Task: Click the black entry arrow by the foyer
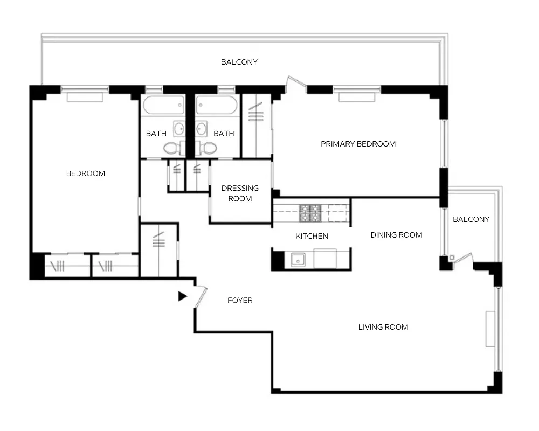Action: click(x=182, y=296)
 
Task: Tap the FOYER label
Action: click(x=240, y=300)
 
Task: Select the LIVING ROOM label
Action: click(x=383, y=327)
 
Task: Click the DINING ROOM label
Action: click(x=396, y=235)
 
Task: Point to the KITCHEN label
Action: click(x=312, y=236)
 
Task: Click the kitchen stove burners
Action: click(x=310, y=213)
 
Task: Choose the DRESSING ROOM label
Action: click(x=240, y=193)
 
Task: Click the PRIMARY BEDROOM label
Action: click(x=358, y=144)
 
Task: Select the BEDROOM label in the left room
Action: click(x=86, y=173)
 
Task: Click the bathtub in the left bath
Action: click(x=163, y=105)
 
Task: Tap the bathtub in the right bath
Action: click(x=217, y=105)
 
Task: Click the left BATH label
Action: click(x=156, y=134)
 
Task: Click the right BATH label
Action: click(x=224, y=134)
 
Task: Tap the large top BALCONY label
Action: click(x=239, y=62)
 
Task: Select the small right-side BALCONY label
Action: click(x=471, y=219)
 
